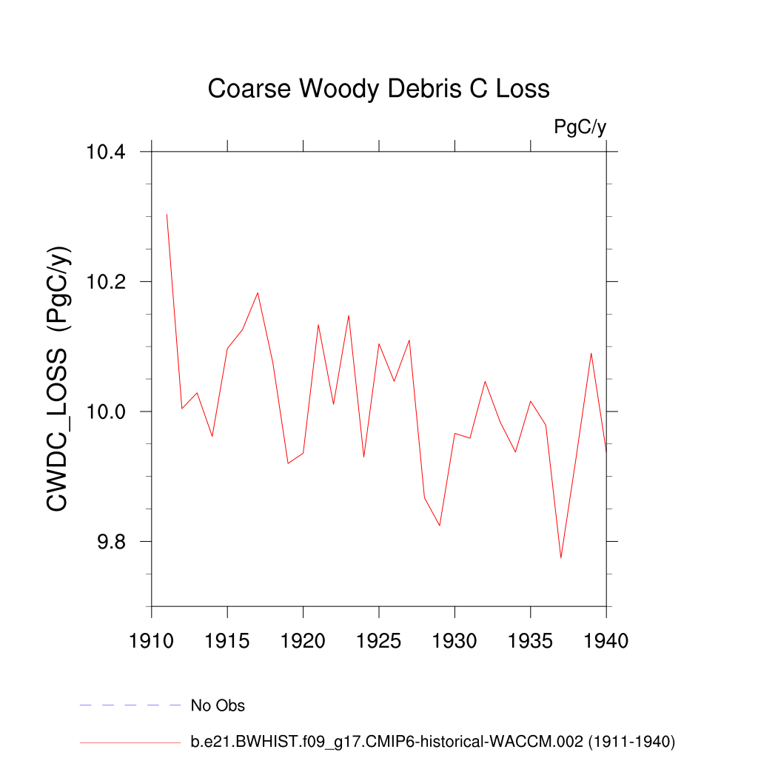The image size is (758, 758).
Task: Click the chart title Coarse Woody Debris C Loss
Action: click(x=378, y=89)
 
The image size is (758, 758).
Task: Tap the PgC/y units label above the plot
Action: click(x=580, y=127)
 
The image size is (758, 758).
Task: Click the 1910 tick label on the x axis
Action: click(x=152, y=640)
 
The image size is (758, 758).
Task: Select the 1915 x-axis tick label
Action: click(x=227, y=640)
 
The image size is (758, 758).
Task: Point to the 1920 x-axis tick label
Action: click(x=303, y=640)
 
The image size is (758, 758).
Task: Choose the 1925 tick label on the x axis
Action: click(x=379, y=640)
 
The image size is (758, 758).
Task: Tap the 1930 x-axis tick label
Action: click(x=455, y=640)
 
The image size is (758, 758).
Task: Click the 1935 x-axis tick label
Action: click(x=531, y=640)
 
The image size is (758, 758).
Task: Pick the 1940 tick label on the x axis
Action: click(x=606, y=640)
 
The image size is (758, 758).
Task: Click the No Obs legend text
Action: click(x=218, y=705)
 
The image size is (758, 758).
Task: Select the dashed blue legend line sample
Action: click(x=130, y=705)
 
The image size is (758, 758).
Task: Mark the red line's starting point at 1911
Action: click(x=167, y=215)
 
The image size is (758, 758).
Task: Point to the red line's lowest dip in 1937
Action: click(x=561, y=557)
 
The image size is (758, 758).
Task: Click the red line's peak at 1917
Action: click(x=258, y=292)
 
